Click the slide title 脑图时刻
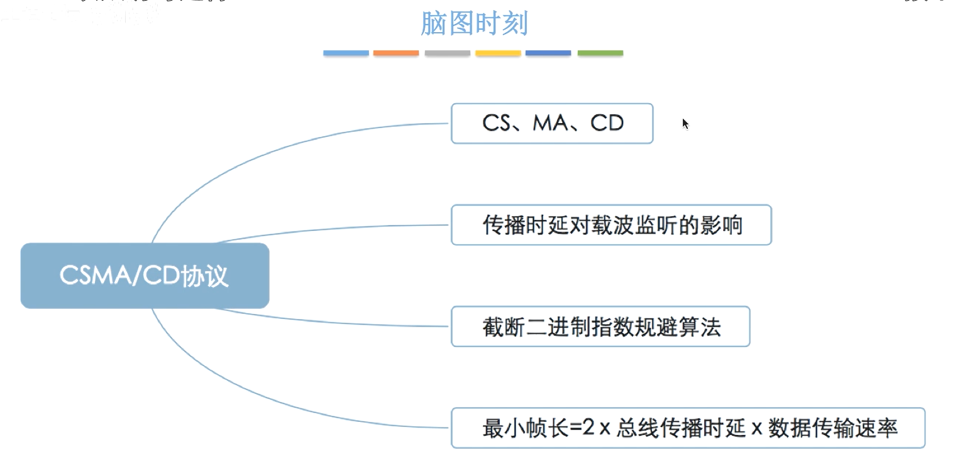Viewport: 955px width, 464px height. (x=473, y=24)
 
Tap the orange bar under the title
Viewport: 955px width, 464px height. (x=396, y=53)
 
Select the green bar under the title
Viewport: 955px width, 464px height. (x=600, y=53)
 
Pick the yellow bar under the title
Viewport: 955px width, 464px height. (x=498, y=53)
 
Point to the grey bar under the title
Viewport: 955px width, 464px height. (x=447, y=53)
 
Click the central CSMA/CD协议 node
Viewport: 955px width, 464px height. (x=145, y=276)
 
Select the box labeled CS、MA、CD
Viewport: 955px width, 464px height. (x=552, y=124)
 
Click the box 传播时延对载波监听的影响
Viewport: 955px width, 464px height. (x=610, y=225)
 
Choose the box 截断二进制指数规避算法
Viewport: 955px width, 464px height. (x=600, y=326)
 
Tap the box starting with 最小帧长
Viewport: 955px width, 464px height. (x=688, y=428)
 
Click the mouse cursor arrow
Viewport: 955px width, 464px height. (x=685, y=123)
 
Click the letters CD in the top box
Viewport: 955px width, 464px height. (x=607, y=123)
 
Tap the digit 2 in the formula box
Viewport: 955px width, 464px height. (x=587, y=428)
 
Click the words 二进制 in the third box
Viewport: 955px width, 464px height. (x=552, y=327)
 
